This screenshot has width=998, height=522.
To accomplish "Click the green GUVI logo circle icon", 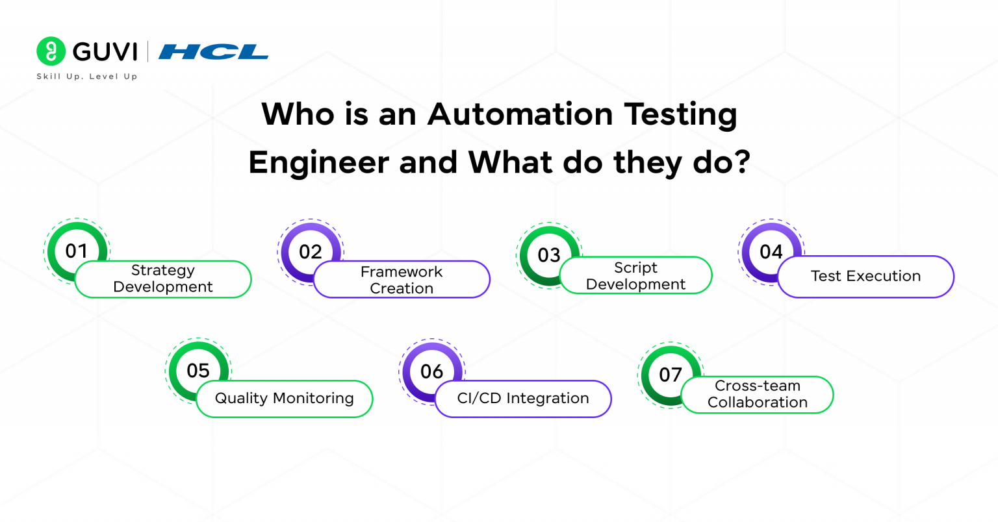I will point(51,51).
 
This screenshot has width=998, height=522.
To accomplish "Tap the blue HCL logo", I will point(214,51).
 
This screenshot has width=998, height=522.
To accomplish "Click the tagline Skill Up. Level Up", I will point(87,77).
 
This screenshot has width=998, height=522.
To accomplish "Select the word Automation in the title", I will point(520,114).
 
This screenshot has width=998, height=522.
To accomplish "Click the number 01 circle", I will point(77,251).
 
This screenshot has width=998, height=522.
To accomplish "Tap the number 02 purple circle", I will point(311,252).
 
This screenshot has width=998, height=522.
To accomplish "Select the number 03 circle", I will point(549,255).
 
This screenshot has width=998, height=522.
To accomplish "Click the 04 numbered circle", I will point(771,252).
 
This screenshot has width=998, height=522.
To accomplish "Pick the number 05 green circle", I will point(198,371).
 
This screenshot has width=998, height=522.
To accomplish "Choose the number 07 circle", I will point(671,375).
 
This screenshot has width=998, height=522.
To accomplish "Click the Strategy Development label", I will point(163,279).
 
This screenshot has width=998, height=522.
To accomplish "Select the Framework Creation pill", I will point(402,280).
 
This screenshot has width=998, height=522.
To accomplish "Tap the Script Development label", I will point(635,276).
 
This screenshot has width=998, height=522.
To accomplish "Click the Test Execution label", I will point(865,277).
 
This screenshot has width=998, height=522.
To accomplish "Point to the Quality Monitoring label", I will point(285,399).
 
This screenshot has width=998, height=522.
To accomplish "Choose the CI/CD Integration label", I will point(523,399).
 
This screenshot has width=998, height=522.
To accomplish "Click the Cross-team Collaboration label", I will point(757,394).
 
